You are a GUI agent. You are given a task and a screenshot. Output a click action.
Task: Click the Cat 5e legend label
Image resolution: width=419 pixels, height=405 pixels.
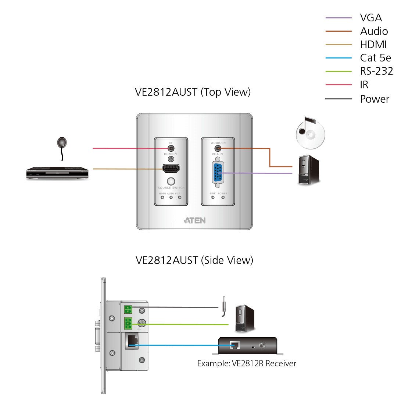point(375,58)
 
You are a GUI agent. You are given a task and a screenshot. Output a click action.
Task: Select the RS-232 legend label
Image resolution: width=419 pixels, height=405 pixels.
point(376,71)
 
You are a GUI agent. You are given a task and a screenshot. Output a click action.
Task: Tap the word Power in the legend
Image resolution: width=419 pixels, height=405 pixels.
point(375,99)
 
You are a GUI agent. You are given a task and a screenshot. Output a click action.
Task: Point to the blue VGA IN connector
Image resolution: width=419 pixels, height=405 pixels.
point(217,173)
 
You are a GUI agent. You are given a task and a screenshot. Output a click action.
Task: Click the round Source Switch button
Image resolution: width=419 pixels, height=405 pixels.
point(171,181)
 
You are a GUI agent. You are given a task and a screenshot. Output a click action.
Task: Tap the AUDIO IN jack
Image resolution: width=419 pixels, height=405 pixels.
point(218,148)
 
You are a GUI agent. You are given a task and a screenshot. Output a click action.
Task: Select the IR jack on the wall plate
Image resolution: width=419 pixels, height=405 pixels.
point(171,148)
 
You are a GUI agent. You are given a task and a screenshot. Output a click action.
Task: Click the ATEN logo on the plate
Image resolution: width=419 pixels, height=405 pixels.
point(194,221)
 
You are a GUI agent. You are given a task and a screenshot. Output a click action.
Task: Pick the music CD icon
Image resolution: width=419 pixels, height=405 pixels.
point(310,133)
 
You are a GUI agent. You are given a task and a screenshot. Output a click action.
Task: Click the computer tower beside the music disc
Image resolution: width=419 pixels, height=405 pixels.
point(309,170)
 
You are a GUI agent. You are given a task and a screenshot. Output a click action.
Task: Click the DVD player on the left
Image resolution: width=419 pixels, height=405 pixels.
point(57,173)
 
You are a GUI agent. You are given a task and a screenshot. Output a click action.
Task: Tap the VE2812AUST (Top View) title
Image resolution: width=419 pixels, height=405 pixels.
point(193,92)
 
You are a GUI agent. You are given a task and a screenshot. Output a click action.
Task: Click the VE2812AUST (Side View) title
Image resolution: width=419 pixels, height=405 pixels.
point(194,260)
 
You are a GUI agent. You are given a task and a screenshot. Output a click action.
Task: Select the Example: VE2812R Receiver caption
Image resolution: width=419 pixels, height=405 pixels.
point(247,364)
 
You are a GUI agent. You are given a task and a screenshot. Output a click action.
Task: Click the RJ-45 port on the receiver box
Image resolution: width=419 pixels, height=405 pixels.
point(234,345)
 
